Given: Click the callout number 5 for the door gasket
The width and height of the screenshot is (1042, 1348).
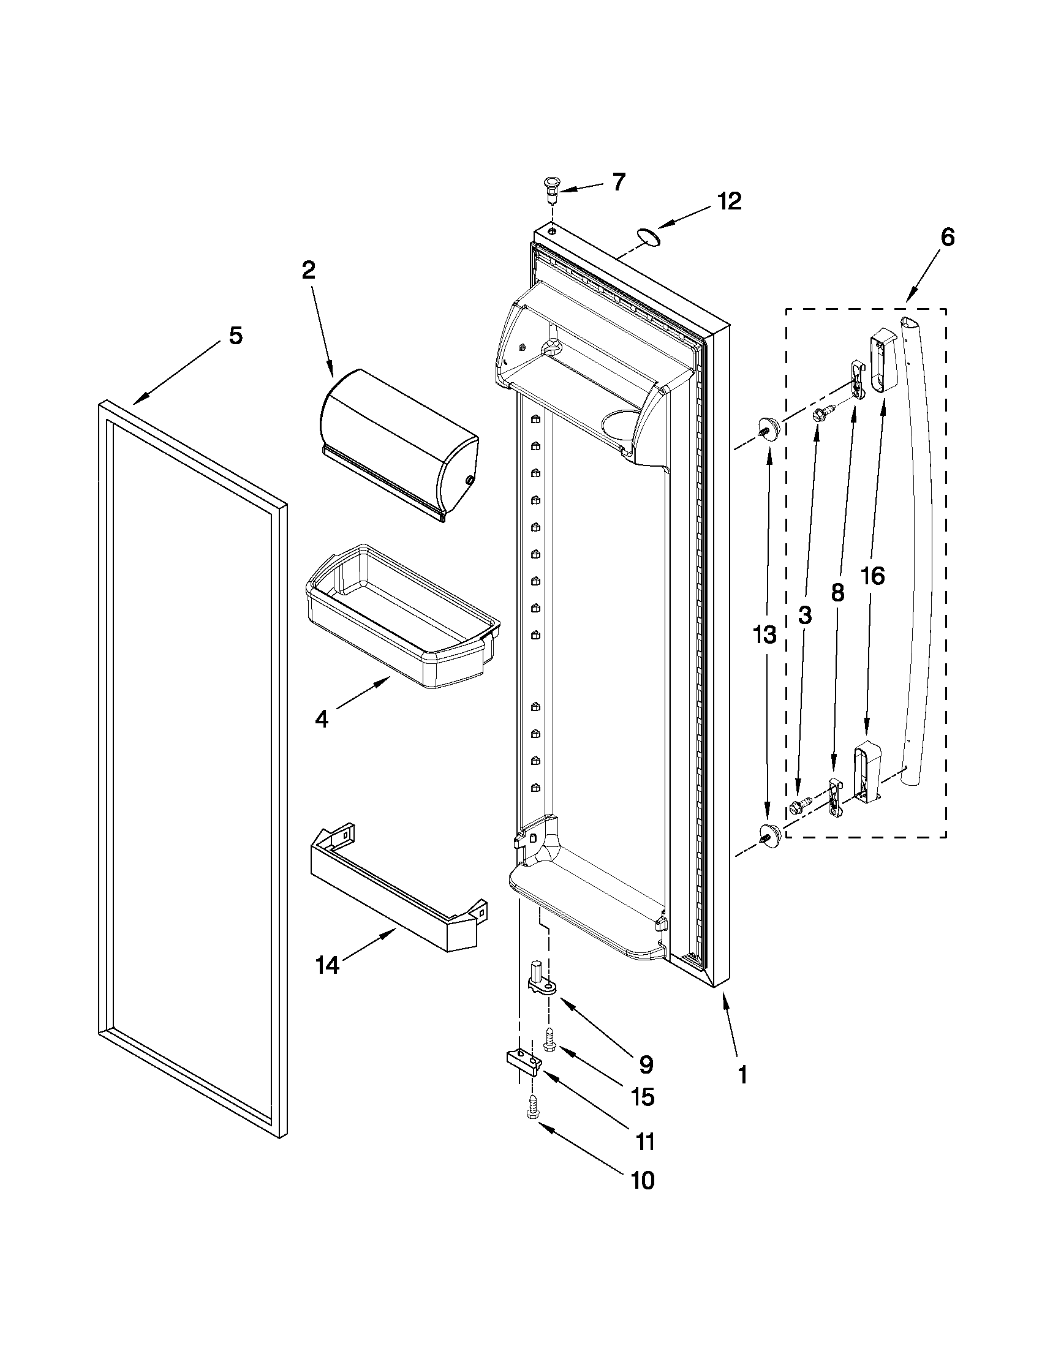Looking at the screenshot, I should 235,336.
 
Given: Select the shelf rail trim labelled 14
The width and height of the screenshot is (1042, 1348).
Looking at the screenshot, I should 395,889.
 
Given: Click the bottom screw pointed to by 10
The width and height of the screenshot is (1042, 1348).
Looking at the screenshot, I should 532,1106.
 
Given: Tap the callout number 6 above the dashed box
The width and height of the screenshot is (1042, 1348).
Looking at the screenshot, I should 947,237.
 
